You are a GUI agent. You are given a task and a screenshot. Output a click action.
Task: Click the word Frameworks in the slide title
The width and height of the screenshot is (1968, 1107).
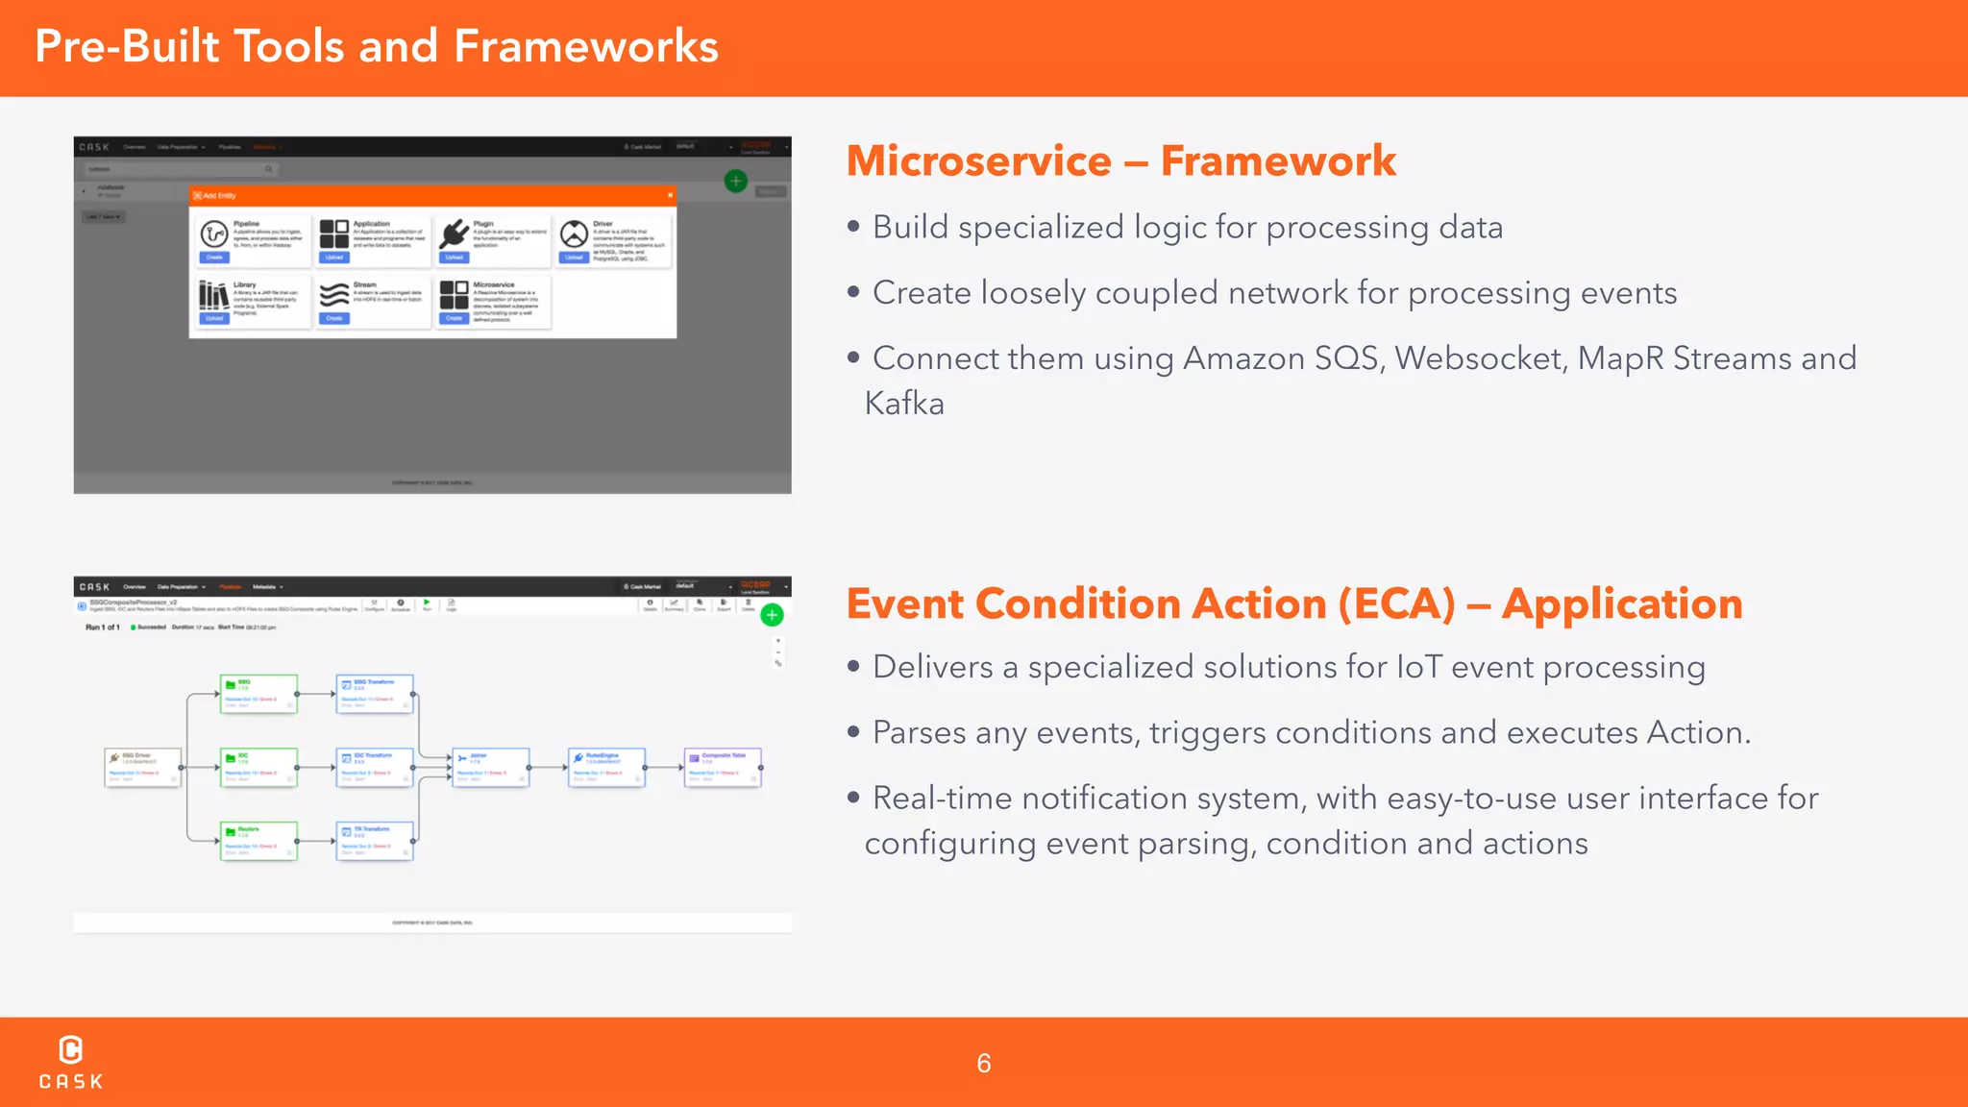(x=585, y=47)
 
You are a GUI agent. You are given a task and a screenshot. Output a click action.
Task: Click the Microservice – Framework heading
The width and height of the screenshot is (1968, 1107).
(x=1120, y=161)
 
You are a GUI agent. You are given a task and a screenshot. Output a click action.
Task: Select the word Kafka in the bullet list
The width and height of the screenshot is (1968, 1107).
(x=904, y=404)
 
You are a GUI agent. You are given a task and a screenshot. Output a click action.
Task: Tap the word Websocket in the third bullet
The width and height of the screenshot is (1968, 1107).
(x=1479, y=358)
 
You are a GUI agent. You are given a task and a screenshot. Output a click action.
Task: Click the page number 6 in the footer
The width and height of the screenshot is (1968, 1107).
(x=983, y=1063)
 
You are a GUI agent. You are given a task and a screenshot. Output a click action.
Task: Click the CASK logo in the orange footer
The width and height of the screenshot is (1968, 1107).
(x=70, y=1061)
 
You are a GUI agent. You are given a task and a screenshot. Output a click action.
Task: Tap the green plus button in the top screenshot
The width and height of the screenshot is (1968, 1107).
(x=735, y=181)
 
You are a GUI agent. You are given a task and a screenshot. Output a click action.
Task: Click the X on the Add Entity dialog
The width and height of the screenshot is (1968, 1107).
(x=670, y=195)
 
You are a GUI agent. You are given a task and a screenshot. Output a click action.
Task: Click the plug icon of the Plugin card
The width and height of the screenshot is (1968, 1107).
(x=454, y=234)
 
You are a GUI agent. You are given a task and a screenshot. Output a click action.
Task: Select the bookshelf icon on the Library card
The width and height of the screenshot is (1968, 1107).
(x=213, y=295)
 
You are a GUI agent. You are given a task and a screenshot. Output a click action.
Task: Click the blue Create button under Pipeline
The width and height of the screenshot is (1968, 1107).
(x=214, y=258)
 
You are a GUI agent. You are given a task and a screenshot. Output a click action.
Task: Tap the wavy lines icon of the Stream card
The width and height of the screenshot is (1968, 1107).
(x=333, y=295)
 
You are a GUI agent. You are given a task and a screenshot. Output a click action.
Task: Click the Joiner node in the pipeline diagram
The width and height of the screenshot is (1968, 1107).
(x=490, y=767)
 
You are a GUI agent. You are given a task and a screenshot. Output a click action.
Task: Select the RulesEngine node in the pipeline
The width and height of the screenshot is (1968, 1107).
(x=605, y=767)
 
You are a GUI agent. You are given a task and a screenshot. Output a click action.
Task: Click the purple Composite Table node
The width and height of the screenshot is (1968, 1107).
(x=723, y=767)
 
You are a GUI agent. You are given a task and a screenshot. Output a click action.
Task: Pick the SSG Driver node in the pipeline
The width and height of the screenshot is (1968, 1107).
(x=142, y=767)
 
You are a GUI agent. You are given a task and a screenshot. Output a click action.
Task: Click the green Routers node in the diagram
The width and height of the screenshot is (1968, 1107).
(x=258, y=840)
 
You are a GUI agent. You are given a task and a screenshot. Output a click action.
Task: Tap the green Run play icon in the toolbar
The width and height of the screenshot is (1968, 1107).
(x=427, y=603)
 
